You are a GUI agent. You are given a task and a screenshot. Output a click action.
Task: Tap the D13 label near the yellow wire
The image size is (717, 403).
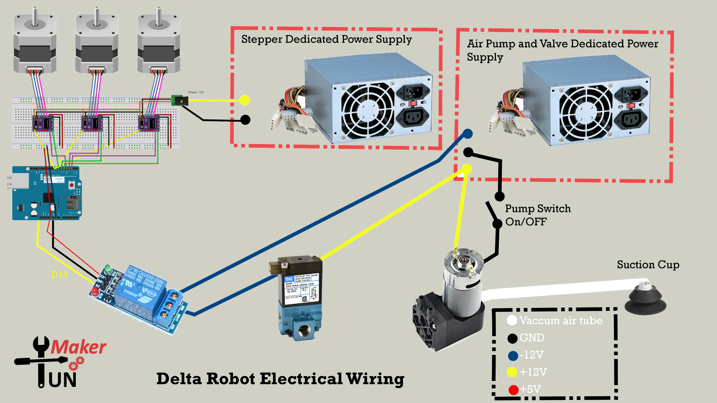[x=59, y=275]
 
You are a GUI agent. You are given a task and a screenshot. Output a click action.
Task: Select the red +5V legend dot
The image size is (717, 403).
[x=513, y=390]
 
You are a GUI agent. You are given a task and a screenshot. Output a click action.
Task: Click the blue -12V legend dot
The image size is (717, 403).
[x=513, y=356]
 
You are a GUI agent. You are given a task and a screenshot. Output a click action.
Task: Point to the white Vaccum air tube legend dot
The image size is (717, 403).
[x=512, y=321]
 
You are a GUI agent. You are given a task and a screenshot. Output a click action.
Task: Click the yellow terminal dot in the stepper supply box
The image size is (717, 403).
[x=245, y=100]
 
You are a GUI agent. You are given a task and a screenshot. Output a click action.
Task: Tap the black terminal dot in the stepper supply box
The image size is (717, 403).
[x=245, y=120]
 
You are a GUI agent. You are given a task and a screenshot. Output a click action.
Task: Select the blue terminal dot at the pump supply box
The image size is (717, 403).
[x=468, y=134]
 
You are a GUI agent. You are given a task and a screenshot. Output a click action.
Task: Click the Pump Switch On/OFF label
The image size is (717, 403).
[x=538, y=215]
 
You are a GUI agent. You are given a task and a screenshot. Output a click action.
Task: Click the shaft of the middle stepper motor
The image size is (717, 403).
[x=97, y=17]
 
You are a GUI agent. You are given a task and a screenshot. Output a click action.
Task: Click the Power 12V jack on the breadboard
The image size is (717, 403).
[x=179, y=100]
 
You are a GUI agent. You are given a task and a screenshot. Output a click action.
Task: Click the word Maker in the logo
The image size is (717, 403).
[x=78, y=347]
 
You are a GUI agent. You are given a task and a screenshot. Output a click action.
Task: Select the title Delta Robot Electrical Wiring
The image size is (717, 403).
[x=280, y=379]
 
